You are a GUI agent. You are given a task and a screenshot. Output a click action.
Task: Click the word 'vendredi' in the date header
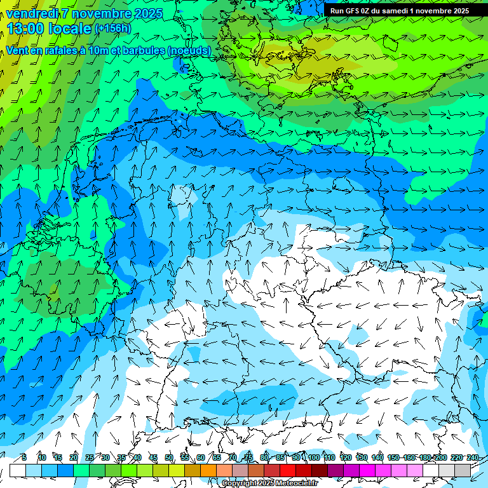coord(31,13)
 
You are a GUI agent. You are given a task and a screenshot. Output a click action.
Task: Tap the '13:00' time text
coord(24,29)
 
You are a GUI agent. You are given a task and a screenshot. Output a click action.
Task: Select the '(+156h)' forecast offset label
coord(112,28)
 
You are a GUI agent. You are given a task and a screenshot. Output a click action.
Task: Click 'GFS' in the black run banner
coord(356,11)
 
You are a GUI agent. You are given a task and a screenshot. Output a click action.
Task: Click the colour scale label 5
coord(24,457)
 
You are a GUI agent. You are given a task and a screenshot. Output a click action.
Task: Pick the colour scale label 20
coord(74,457)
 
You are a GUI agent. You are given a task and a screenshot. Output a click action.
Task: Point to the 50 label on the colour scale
coord(168,457)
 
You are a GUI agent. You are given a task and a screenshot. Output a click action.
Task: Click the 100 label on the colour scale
coord(313,457)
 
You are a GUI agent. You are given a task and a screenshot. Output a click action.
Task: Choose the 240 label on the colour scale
coord(472,457)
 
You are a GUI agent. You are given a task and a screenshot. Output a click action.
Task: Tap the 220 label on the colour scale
coord(456,457)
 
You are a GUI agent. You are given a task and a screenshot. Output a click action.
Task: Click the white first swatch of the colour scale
coord(18,470)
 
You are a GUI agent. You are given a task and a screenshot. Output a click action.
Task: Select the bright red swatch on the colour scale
coord(288,470)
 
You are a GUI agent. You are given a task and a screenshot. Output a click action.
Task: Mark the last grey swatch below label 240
coord(463,470)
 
